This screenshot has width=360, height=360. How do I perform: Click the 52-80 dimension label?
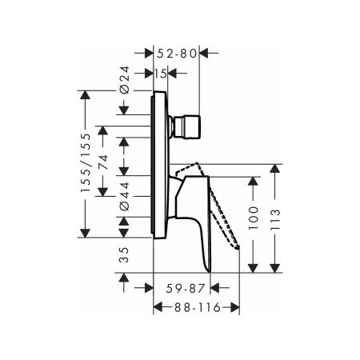coord(176,54)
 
